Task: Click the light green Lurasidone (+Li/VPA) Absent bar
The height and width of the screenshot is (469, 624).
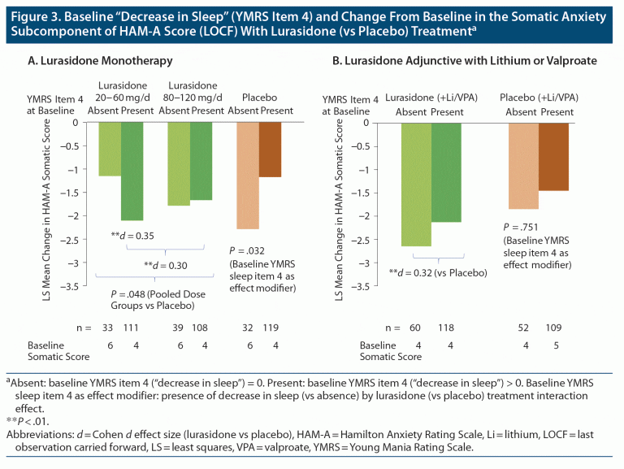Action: point(416,184)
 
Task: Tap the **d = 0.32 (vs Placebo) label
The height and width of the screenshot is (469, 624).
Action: point(438,273)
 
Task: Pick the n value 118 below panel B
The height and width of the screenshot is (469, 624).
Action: point(446,328)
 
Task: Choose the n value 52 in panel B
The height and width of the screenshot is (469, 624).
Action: point(522,328)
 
